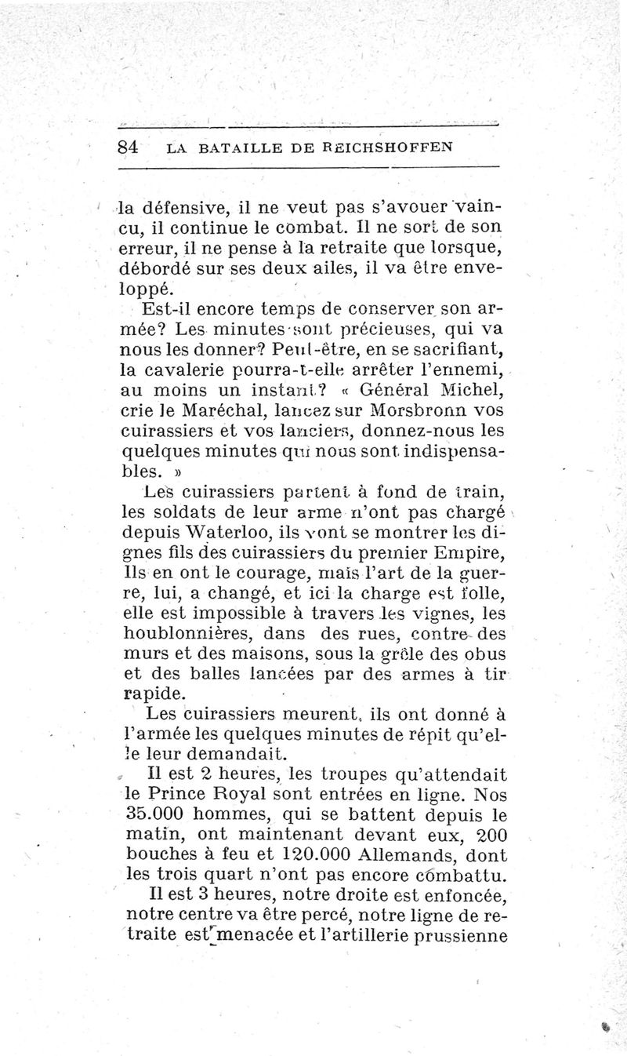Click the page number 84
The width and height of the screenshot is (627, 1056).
coord(127,147)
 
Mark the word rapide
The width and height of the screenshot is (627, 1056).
coord(154,694)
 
